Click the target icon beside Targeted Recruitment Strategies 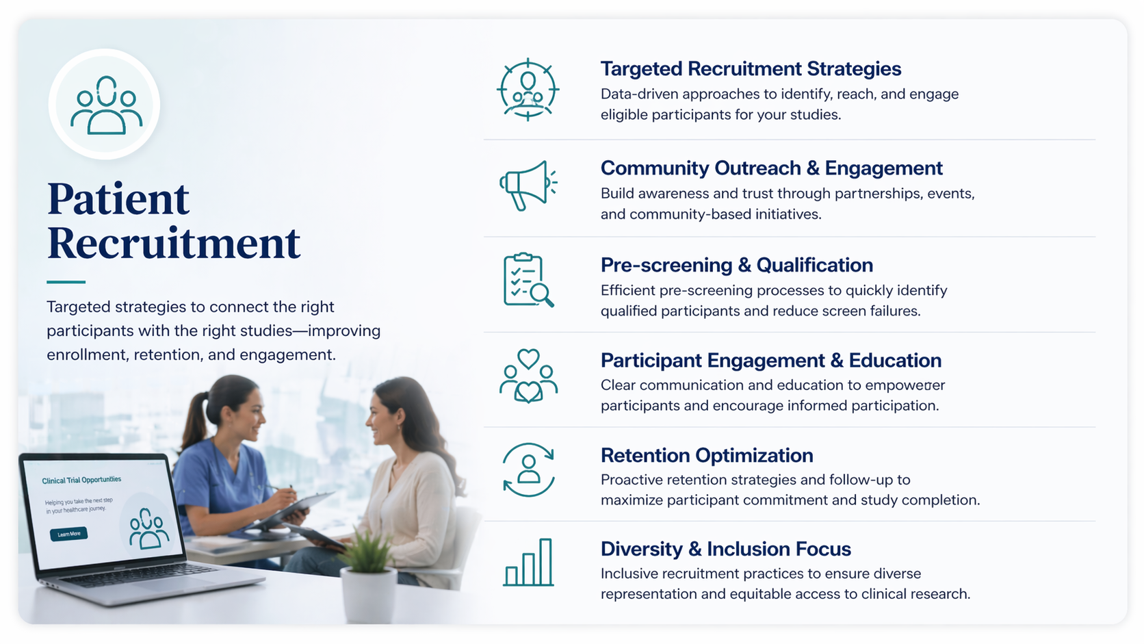pos(528,90)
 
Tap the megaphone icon pos(527,185)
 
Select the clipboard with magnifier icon pos(528,280)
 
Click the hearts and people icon pos(528,376)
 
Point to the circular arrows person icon pos(528,469)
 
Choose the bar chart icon pos(528,563)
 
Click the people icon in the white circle pos(105,105)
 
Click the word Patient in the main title pos(118,199)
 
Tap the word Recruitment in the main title pos(174,243)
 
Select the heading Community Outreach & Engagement pos(771,168)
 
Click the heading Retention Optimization pos(707,456)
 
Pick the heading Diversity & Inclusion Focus pos(725,550)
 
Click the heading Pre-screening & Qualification pos(736,266)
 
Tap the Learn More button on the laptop pos(68,534)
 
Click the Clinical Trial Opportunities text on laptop pos(81,480)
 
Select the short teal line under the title pos(66,282)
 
